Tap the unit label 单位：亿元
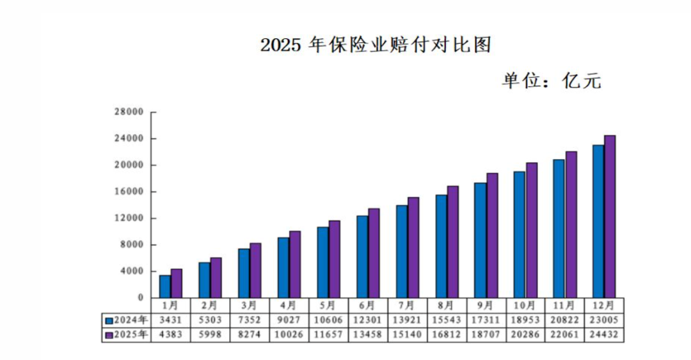551,81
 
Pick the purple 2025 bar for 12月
610,217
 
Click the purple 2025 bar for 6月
374,253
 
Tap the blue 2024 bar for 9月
480,240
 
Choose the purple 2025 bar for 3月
255,270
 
